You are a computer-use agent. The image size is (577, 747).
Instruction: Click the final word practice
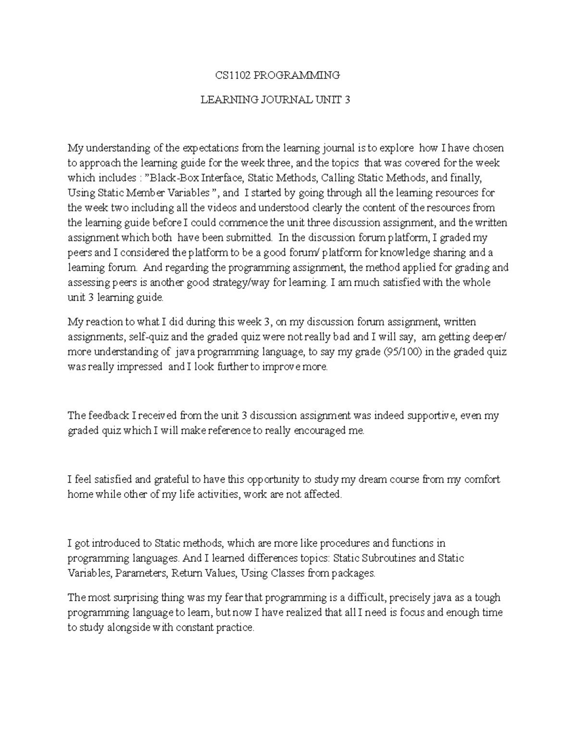coord(234,628)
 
